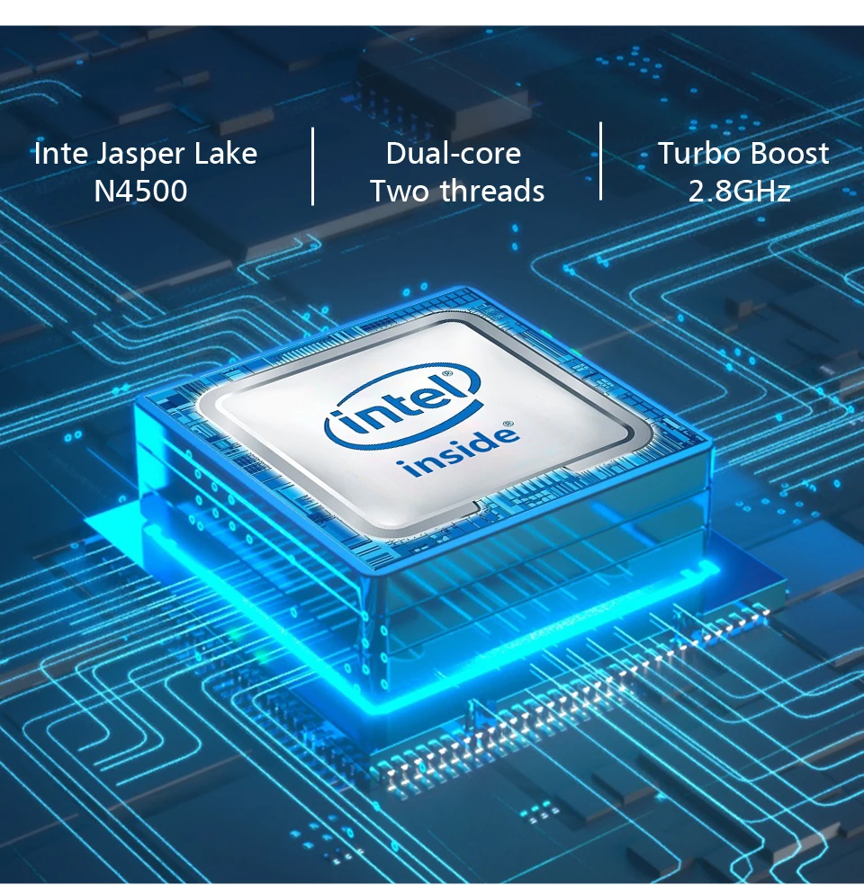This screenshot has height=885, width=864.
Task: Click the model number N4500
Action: tap(141, 192)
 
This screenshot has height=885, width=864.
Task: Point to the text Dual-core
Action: tap(453, 154)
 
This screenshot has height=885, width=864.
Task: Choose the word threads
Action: tap(492, 192)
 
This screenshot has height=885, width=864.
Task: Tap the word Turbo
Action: tap(697, 154)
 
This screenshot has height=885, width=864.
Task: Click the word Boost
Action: tap(788, 154)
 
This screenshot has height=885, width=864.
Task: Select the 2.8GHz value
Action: tap(740, 192)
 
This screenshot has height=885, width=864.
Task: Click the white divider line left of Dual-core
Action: tap(313, 166)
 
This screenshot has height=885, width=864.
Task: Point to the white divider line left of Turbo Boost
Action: tap(600, 161)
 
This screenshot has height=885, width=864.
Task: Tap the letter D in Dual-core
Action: tap(395, 154)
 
